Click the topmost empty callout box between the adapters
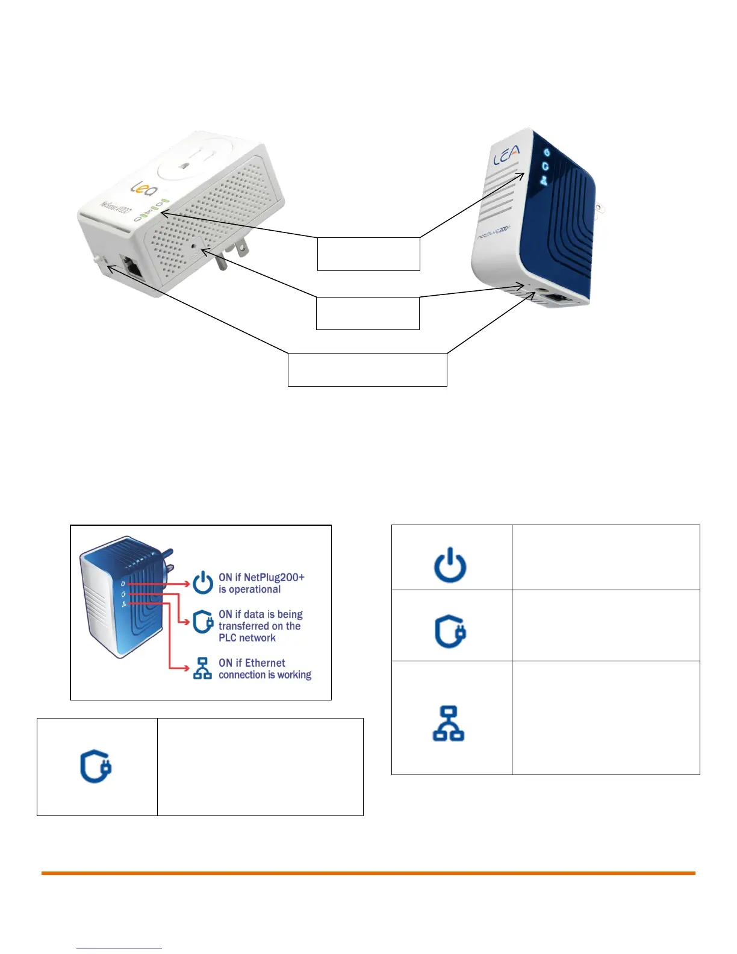click(368, 254)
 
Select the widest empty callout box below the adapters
click(367, 369)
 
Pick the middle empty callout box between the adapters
click(367, 313)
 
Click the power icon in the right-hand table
click(450, 565)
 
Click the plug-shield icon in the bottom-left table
click(96, 767)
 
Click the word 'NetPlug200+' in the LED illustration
click(274, 577)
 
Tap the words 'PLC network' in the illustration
click(247, 638)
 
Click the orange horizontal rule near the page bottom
click(368, 873)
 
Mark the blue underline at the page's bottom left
click(119, 949)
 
